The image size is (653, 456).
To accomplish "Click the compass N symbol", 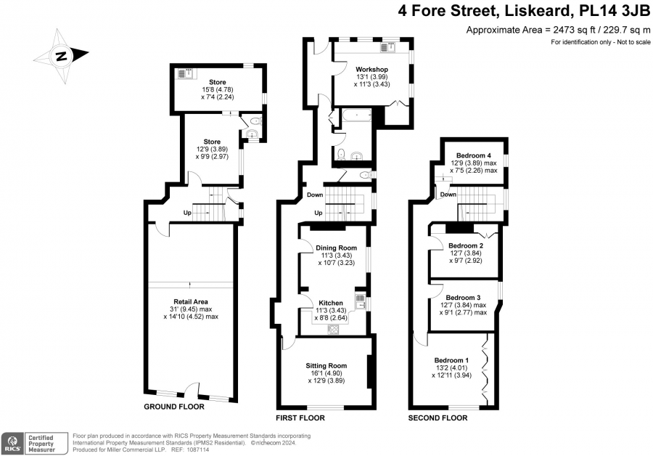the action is click(x=62, y=56).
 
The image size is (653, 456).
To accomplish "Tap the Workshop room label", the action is click(x=372, y=69).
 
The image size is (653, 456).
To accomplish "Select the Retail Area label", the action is click(x=191, y=301).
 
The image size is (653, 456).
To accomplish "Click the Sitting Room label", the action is click(x=326, y=365).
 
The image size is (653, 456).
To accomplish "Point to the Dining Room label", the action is click(x=336, y=248).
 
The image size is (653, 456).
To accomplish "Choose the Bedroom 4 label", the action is click(x=474, y=155).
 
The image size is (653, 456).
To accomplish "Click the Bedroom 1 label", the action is click(x=451, y=360).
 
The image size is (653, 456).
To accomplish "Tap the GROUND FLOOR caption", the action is click(x=174, y=407).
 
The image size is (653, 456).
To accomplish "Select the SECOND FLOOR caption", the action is click(x=438, y=418).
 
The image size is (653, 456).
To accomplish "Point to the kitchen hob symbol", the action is click(x=334, y=329).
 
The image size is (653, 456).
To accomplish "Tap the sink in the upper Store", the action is click(x=186, y=73).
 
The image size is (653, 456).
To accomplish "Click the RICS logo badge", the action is click(x=12, y=443).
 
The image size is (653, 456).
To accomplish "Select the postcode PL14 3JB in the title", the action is click(x=615, y=11).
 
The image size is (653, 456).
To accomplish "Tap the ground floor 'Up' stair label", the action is click(x=187, y=213).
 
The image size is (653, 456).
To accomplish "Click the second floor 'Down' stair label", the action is click(x=448, y=195).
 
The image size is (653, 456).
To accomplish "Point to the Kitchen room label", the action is click(x=331, y=303).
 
